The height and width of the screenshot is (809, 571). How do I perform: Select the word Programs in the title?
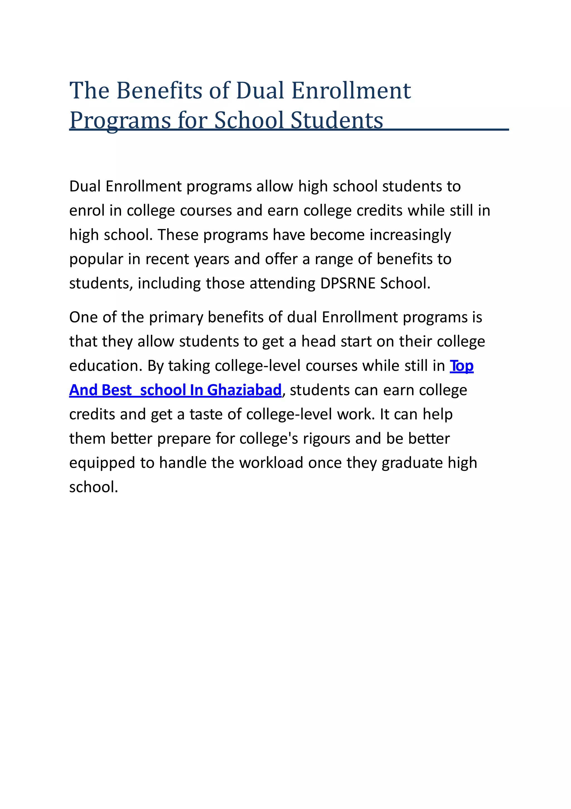click(120, 121)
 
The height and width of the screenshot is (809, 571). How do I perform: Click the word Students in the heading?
click(337, 120)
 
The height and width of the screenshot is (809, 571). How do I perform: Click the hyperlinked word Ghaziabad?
click(244, 390)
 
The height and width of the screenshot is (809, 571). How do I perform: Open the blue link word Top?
click(461, 366)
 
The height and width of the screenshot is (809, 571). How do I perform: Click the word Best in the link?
click(116, 390)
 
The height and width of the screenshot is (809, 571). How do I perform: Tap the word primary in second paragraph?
click(176, 318)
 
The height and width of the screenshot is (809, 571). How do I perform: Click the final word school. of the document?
click(93, 487)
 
